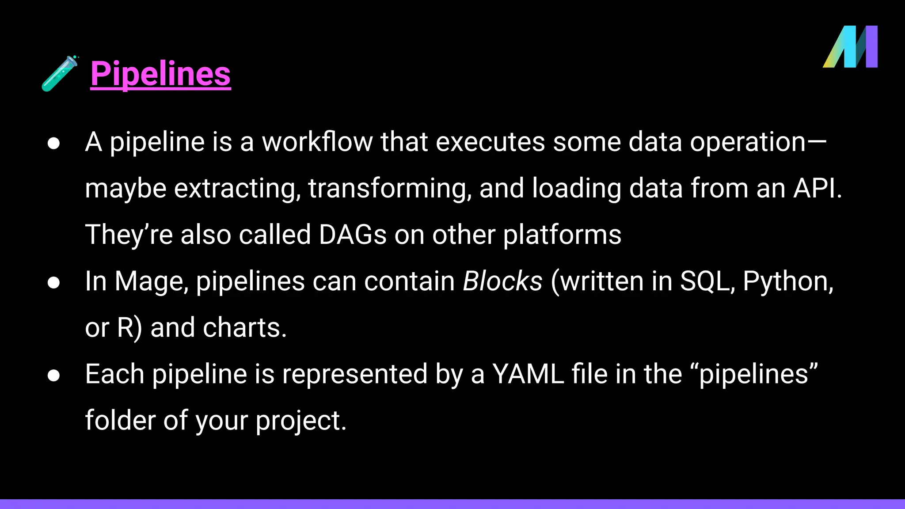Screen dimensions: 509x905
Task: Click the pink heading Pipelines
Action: pos(160,74)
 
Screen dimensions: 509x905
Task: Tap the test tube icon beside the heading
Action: pos(60,73)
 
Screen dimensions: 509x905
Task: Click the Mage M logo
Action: pos(850,47)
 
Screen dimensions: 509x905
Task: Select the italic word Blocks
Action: pos(502,281)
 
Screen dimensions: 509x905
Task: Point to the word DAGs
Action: pos(353,234)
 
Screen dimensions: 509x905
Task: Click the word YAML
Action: pos(528,374)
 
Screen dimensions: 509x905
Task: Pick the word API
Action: pos(817,188)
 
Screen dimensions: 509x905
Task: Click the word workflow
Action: pos(317,142)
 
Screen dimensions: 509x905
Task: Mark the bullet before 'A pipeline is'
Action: pos(54,143)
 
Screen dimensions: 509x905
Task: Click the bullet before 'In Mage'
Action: pos(54,282)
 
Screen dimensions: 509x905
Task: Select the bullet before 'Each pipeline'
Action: pos(54,375)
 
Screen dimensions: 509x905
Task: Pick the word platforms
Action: pos(562,235)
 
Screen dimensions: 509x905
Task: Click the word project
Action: pos(300,421)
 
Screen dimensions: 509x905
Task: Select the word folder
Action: pos(120,420)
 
